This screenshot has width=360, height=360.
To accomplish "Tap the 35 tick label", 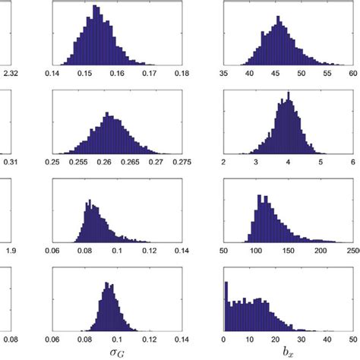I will coord(224,74).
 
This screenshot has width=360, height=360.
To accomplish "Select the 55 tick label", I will coord(327,74).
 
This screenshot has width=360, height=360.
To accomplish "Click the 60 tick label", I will coord(352,74).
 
